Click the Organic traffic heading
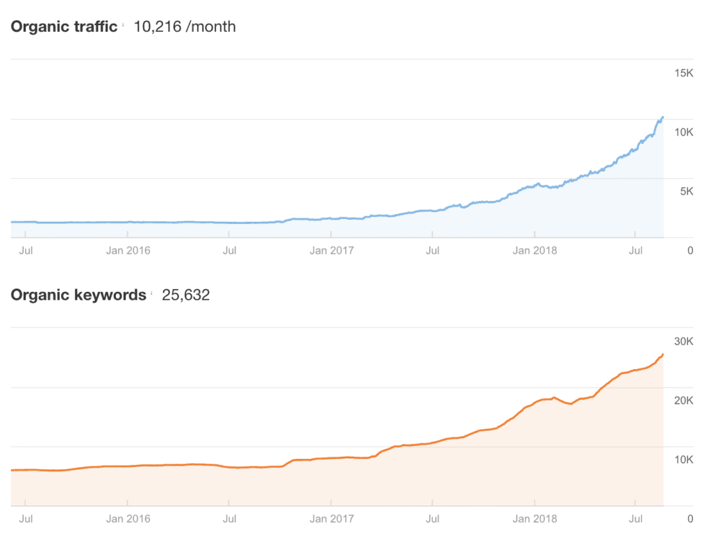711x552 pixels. pos(64,27)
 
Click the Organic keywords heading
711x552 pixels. pos(78,295)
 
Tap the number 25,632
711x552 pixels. pos(186,295)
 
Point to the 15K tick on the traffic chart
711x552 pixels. pos(683,73)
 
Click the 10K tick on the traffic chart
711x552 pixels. pos(683,132)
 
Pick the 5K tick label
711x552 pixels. pos(686,191)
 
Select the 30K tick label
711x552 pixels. pos(683,341)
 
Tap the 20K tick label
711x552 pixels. pos(683,400)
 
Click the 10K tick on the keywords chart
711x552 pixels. pos(683,459)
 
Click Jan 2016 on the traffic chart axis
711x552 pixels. pos(128,250)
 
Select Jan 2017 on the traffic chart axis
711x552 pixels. pos(332,250)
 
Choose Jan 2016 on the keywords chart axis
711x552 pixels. pos(128,518)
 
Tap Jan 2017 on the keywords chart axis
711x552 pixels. pos(332,518)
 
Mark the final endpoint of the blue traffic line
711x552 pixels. pos(663,117)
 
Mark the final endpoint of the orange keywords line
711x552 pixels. pos(663,355)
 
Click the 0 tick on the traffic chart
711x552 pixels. pos(689,250)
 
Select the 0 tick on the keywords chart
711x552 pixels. pos(689,518)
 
